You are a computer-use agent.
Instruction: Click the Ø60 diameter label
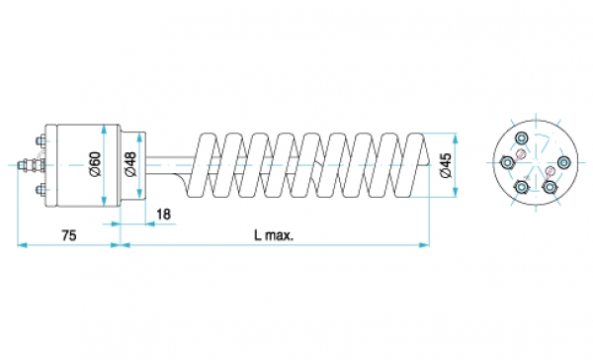tap(95, 164)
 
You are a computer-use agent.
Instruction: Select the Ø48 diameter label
tap(130, 164)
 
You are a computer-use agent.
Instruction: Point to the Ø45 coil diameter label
tap(446, 165)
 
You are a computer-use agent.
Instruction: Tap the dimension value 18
tap(163, 215)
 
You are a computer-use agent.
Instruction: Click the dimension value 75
tap(69, 235)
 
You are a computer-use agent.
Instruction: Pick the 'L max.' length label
tap(274, 235)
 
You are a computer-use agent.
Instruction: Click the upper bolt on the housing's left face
tap(40, 141)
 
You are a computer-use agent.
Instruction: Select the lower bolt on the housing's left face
tap(40, 189)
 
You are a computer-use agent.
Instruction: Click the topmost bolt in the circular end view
tap(521, 137)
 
